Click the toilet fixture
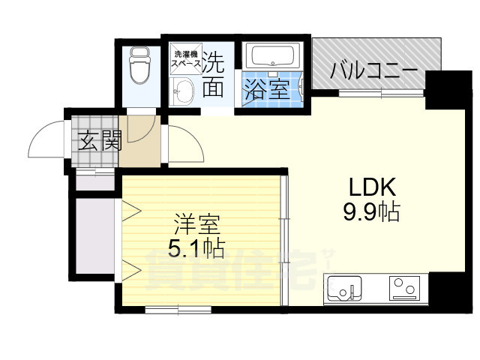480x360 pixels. coord(139,67)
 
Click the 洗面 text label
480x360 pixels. coord(214,73)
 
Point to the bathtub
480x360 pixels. coord(273,56)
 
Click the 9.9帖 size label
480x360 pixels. coord(370,212)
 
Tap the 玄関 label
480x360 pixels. coord(97,140)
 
